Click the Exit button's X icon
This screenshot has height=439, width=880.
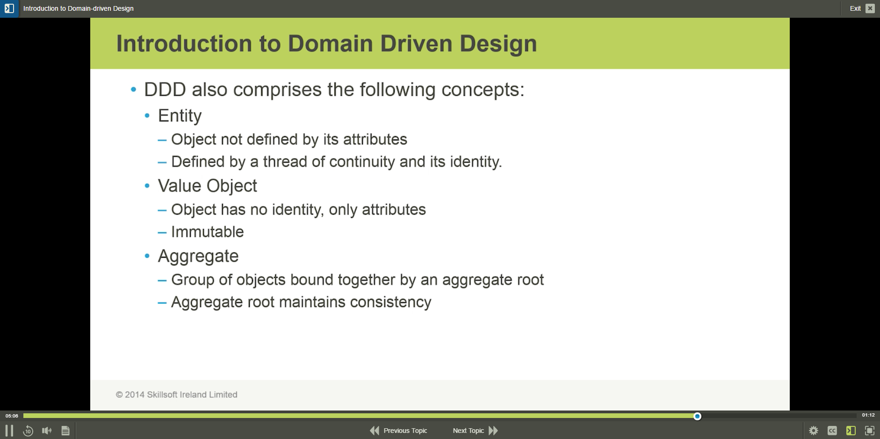870,8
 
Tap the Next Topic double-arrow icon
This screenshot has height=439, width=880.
493,431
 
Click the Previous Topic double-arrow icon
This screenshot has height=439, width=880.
375,431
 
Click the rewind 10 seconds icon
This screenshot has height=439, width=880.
28,431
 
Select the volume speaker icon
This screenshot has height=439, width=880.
47,431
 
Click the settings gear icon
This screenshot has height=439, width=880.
814,431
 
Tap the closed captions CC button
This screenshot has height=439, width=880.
832,431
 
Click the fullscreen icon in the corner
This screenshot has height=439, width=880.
870,431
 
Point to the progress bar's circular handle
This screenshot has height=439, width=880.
697,416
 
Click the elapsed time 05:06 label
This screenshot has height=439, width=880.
12,416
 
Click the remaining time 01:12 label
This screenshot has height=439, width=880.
868,415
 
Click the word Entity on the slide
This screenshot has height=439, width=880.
180,116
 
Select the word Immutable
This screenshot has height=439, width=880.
208,232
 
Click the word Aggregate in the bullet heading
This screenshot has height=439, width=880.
198,256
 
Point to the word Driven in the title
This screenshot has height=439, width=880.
417,43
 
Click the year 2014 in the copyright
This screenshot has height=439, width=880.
135,395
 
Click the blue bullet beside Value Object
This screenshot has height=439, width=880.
147,186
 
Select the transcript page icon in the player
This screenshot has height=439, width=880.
65,431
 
